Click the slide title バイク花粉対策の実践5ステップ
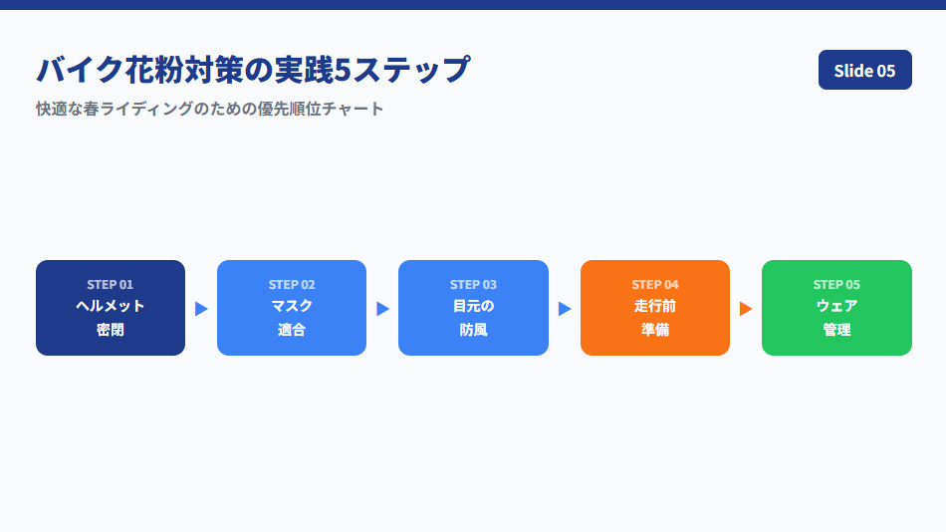pyautogui.click(x=253, y=70)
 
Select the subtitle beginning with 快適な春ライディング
pyautogui.click(x=210, y=109)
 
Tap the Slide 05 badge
pyautogui.click(x=864, y=70)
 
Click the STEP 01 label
pyautogui.click(x=111, y=284)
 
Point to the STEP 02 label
pyautogui.click(x=292, y=284)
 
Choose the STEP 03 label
pyautogui.click(x=473, y=284)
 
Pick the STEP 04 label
pyautogui.click(x=655, y=284)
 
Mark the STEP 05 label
pyautogui.click(x=836, y=284)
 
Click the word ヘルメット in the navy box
pyautogui.click(x=111, y=306)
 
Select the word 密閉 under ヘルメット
pyautogui.click(x=111, y=330)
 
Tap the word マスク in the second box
pyautogui.click(x=292, y=306)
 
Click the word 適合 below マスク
pyautogui.click(x=292, y=330)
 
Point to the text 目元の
pyautogui.click(x=473, y=306)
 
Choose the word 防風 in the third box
pyautogui.click(x=473, y=330)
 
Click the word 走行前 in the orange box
pyautogui.click(x=655, y=306)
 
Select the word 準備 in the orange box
pyautogui.click(x=655, y=330)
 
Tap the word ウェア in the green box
pyautogui.click(x=836, y=306)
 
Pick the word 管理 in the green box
pyautogui.click(x=836, y=330)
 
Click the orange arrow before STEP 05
pyautogui.click(x=745, y=309)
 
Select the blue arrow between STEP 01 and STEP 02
pyautogui.click(x=201, y=309)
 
